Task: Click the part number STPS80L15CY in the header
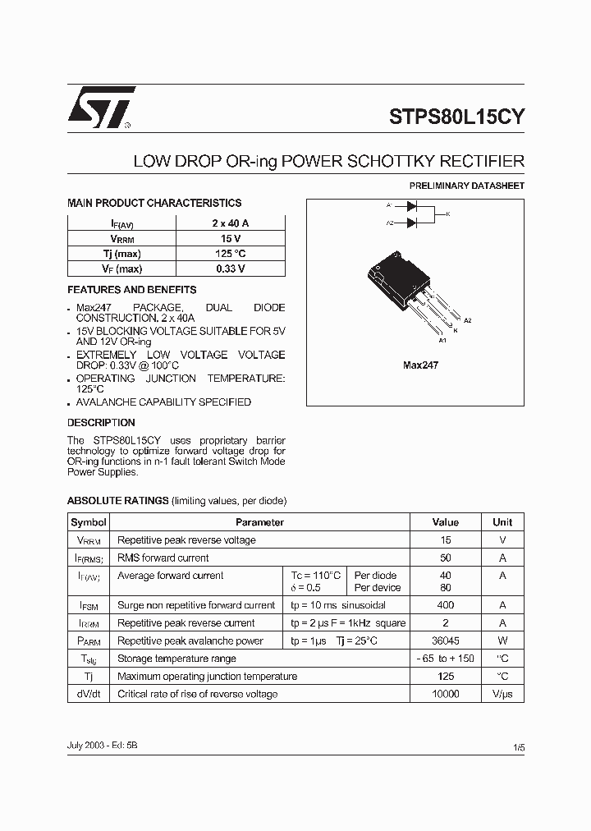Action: pyautogui.click(x=456, y=117)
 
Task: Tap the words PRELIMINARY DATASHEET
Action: pyautogui.click(x=466, y=186)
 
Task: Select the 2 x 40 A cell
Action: pyautogui.click(x=230, y=223)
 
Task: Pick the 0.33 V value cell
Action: pyautogui.click(x=230, y=269)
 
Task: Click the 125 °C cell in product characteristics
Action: pyautogui.click(x=230, y=254)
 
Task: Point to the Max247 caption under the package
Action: pyautogui.click(x=420, y=365)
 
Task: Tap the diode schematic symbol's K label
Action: pyautogui.click(x=448, y=214)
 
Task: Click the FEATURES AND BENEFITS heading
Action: pyautogui.click(x=131, y=290)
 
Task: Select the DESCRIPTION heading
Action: pyautogui.click(x=101, y=423)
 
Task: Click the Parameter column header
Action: pyautogui.click(x=259, y=522)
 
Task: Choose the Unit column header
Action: pyautogui.click(x=502, y=522)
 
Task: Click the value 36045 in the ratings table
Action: pyautogui.click(x=446, y=640)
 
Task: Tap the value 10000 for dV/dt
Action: pyautogui.click(x=446, y=694)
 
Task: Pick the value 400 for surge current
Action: pyautogui.click(x=446, y=605)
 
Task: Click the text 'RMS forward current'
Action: pyautogui.click(x=163, y=558)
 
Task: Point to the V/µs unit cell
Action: pyautogui.click(x=502, y=694)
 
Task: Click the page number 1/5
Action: pyautogui.click(x=518, y=748)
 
